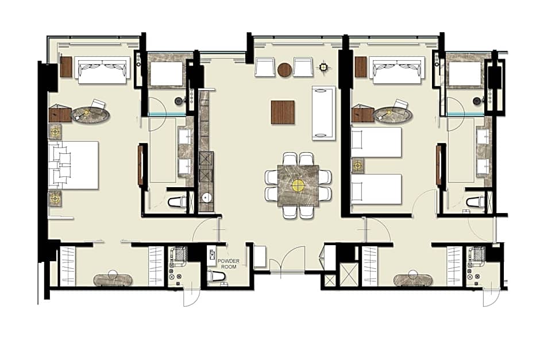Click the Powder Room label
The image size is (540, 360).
228,264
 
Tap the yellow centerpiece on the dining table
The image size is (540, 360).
298,185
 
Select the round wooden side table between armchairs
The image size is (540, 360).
284,69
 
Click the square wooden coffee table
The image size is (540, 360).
283,112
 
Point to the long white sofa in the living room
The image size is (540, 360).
323,113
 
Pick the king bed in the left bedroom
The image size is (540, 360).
74,165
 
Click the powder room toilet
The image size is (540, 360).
216,276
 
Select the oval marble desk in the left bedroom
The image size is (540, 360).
91,114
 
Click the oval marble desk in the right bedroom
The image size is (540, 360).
393,114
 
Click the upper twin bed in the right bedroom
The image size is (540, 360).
376,142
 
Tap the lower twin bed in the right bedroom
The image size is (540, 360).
376,189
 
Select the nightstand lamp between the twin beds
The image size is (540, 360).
358,165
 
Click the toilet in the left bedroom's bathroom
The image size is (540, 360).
177,202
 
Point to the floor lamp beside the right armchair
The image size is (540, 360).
323,67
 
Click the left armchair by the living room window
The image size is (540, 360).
265,67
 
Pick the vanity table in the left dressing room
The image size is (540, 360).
113,280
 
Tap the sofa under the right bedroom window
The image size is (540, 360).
398,70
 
